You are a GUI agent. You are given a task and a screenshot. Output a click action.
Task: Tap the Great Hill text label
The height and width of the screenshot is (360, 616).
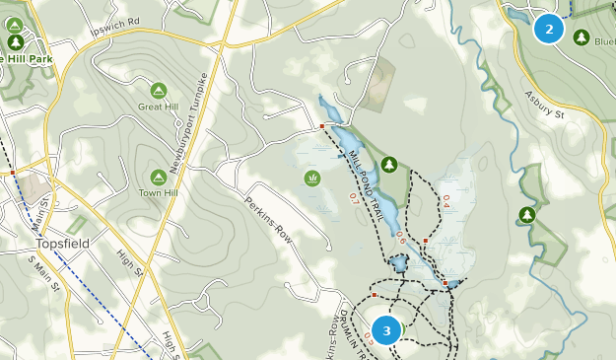(x=158, y=106)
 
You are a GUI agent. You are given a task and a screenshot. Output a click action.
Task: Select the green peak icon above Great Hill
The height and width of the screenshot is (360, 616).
(x=159, y=90)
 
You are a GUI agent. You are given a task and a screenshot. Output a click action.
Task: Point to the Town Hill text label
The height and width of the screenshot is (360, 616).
(x=158, y=192)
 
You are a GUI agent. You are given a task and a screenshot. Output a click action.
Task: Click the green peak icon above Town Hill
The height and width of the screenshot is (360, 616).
(x=158, y=177)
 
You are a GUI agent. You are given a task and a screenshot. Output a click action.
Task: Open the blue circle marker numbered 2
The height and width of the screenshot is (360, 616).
(x=549, y=29)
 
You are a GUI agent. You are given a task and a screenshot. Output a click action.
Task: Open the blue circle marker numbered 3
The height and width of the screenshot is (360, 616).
(x=387, y=330)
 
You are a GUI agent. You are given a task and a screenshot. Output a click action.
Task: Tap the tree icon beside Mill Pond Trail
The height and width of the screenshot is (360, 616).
(x=389, y=164)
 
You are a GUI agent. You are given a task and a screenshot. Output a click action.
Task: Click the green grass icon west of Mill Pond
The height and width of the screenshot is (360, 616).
(x=312, y=179)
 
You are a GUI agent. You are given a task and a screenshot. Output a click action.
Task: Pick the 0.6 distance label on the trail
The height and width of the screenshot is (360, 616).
(x=401, y=238)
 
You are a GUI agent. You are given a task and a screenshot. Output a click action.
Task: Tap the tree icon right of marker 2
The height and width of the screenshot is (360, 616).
(x=582, y=37)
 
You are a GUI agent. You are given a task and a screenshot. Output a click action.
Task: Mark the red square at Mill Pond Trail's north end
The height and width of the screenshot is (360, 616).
(x=322, y=126)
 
